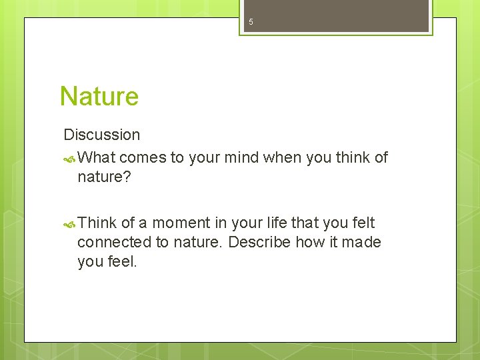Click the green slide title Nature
(99, 96)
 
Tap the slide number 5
(251, 22)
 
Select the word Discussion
(101, 135)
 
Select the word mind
(242, 158)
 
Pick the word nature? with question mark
(103, 177)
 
